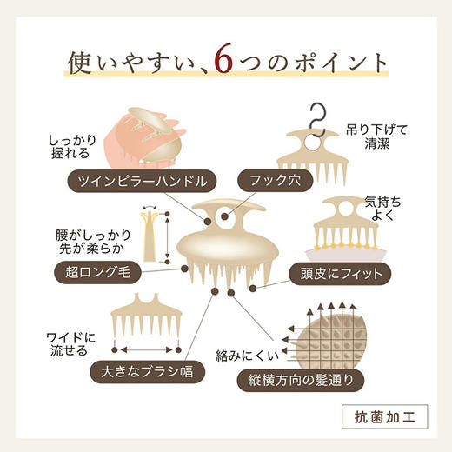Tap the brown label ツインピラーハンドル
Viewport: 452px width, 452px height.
[138, 182]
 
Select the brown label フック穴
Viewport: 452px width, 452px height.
[278, 182]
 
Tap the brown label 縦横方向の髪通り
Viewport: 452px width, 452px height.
[323, 380]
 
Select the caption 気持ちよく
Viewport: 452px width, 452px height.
[383, 207]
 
